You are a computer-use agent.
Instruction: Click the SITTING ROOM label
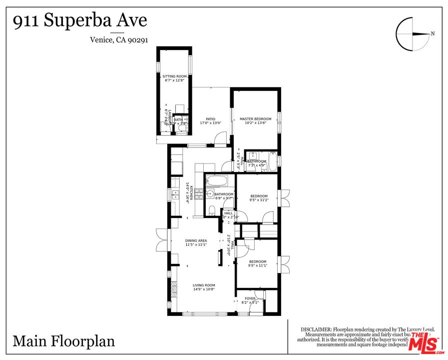[174, 76]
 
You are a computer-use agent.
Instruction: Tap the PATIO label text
[210, 119]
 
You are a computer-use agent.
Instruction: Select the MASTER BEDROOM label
[255, 119]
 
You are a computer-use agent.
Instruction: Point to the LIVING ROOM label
[204, 285]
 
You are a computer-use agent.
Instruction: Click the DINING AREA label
[196, 240]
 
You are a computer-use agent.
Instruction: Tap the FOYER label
[250, 298]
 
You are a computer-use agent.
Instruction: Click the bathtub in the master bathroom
[272, 161]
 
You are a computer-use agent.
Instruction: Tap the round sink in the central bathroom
[210, 194]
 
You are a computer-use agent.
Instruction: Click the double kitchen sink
[175, 195]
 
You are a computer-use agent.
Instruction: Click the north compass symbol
[413, 33]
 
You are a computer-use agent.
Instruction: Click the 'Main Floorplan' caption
[63, 341]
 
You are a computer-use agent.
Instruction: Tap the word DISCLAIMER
[316, 329]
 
